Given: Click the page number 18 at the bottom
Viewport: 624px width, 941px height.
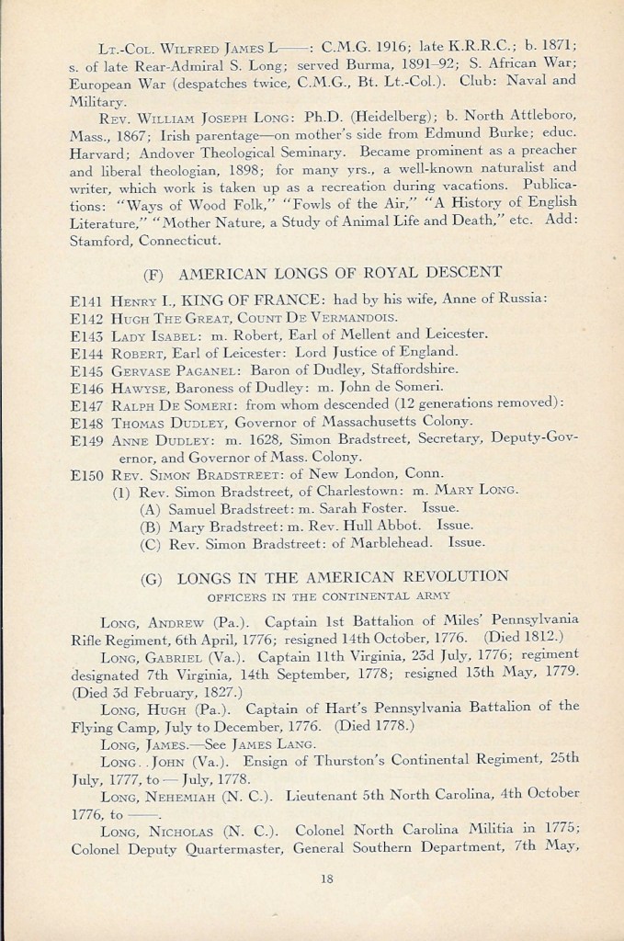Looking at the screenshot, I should [325, 879].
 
